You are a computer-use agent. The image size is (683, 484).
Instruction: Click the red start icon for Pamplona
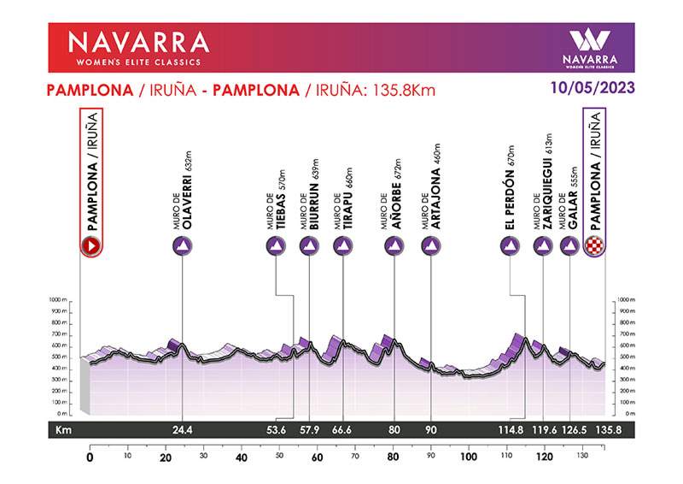pyautogui.click(x=90, y=246)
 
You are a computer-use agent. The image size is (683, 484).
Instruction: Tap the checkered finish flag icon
pyautogui.click(x=595, y=246)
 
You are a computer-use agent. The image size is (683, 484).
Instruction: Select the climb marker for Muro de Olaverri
pyautogui.click(x=183, y=246)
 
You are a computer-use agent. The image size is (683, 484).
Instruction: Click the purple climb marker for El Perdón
pyautogui.click(x=510, y=246)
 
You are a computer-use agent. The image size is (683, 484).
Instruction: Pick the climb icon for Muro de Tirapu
pyautogui.click(x=342, y=246)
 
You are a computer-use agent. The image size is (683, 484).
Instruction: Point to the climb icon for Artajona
pyautogui.click(x=432, y=246)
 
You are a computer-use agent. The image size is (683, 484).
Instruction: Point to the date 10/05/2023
pyautogui.click(x=593, y=87)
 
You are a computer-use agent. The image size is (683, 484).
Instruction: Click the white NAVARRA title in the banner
pyautogui.click(x=137, y=42)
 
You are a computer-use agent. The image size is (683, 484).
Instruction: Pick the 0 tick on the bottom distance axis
pyautogui.click(x=90, y=457)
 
